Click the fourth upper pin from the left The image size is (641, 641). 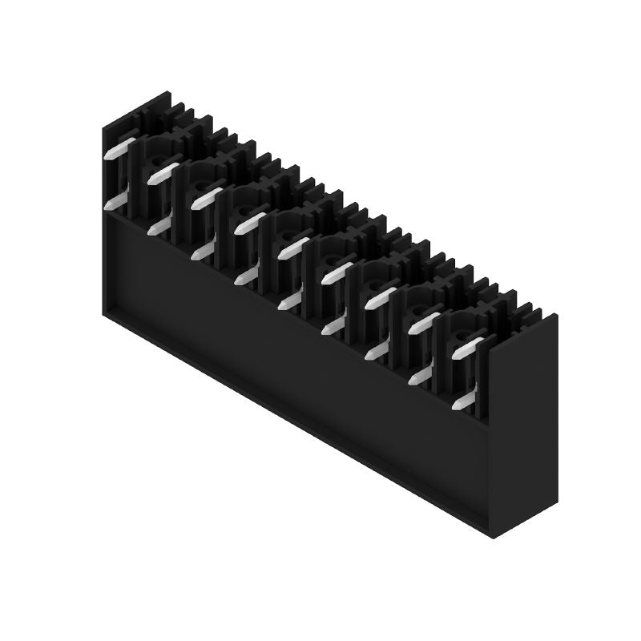pyautogui.click(x=251, y=222)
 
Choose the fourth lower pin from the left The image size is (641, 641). pyautogui.click(x=247, y=276)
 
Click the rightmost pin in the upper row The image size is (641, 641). pyautogui.click(x=468, y=346)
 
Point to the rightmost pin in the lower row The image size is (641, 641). pyautogui.click(x=464, y=401)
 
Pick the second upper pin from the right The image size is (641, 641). pyautogui.click(x=425, y=322)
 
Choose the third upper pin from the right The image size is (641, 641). pyautogui.click(x=381, y=297)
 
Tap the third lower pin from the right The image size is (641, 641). pyautogui.click(x=377, y=351)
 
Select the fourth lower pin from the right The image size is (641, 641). pyautogui.click(x=333, y=326)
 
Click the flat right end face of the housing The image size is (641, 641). pyautogui.click(x=525, y=425)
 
